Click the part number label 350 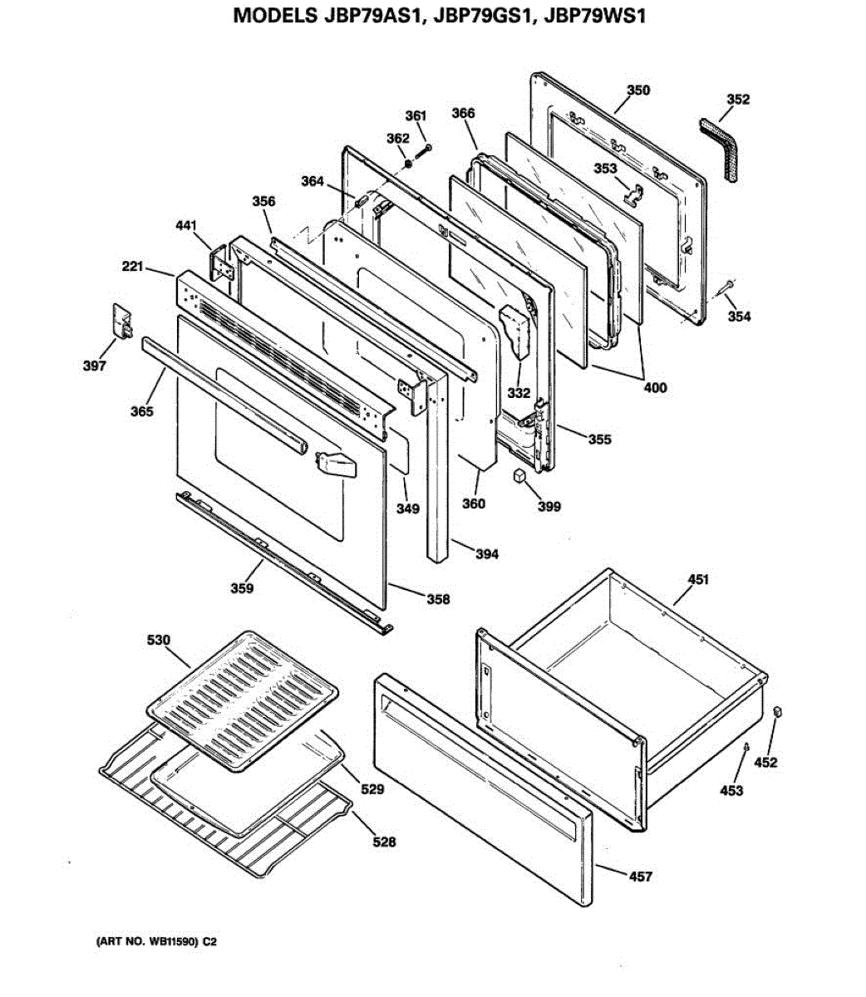(638, 90)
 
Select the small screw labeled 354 (726, 285)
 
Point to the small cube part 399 (519, 476)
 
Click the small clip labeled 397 (121, 321)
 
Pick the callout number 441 (188, 224)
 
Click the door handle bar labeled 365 (224, 396)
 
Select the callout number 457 (640, 876)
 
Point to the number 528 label (384, 842)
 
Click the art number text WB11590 (172, 942)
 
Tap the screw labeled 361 (426, 148)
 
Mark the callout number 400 (655, 387)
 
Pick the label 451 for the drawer (698, 579)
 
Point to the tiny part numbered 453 (746, 747)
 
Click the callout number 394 (487, 553)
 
